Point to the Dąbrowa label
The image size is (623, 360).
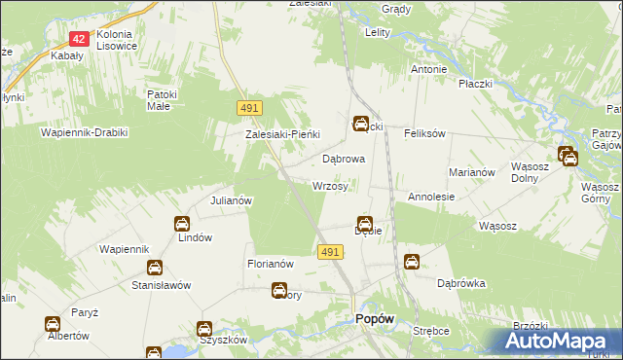point(343,158)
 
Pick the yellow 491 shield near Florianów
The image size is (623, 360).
point(329,252)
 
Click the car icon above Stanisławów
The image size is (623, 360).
point(154,268)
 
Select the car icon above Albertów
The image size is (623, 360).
point(52,323)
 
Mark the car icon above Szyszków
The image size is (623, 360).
point(204,329)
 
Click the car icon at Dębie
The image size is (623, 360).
point(365,223)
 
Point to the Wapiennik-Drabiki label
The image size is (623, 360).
point(85,131)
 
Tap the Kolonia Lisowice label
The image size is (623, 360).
point(126,40)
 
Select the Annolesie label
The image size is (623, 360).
point(431,197)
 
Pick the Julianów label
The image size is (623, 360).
point(232,200)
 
